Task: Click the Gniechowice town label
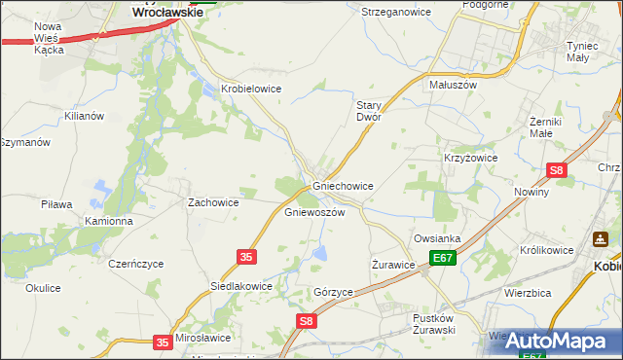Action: coord(343,185)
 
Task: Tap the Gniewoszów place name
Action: coord(314,211)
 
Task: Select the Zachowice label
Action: coord(213,202)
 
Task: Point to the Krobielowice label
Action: coord(251,88)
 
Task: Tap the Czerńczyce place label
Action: coord(136,264)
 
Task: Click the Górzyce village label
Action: coord(333,292)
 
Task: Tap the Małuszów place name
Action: coord(453,85)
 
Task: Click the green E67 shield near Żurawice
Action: coord(444,258)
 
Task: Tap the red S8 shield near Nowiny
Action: coord(556,170)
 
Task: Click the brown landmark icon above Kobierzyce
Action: coord(601,238)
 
